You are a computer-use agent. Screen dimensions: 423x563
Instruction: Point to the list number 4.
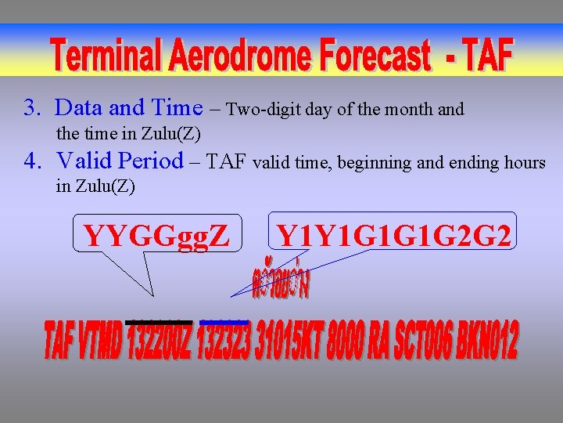click(x=32, y=161)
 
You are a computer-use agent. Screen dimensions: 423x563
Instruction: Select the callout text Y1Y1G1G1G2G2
click(x=394, y=234)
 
